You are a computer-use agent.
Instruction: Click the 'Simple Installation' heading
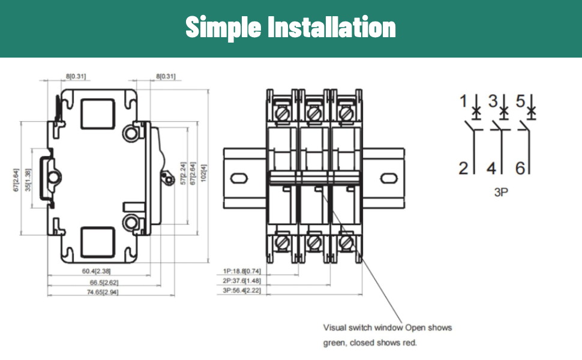click(x=290, y=27)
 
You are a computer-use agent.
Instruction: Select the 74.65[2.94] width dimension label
click(x=103, y=292)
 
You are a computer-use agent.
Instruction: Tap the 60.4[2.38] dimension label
click(x=96, y=271)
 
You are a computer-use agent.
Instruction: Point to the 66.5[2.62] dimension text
click(x=104, y=283)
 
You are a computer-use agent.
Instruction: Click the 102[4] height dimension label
click(x=203, y=173)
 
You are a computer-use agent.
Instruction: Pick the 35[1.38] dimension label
click(x=28, y=180)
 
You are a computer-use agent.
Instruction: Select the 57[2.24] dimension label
click(x=183, y=173)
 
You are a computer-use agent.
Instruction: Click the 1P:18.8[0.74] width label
click(x=242, y=271)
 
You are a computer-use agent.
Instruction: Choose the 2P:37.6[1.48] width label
click(x=242, y=281)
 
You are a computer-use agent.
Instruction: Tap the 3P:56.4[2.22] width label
click(x=242, y=290)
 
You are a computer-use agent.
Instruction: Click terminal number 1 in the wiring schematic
click(x=463, y=101)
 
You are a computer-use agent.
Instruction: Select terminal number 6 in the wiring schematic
click(x=520, y=168)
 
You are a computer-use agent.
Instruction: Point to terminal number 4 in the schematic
click(x=491, y=168)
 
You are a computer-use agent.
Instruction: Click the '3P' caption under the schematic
click(x=501, y=192)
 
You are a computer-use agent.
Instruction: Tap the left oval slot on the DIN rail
click(x=239, y=179)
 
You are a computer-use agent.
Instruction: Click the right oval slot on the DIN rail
click(x=389, y=179)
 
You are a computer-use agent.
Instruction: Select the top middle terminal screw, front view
click(x=314, y=113)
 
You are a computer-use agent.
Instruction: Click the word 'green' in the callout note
click(x=334, y=343)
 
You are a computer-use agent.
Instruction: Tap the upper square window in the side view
click(x=98, y=114)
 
